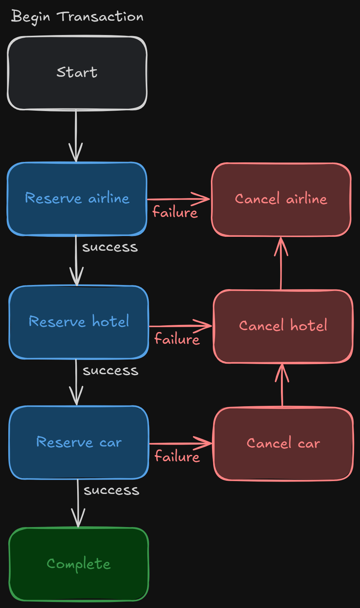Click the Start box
[x=77, y=73]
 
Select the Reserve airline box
[x=77, y=199]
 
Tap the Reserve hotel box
[x=79, y=322]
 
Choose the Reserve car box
[x=79, y=442]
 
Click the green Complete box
[x=78, y=564]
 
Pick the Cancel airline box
[x=281, y=200]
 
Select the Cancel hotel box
[x=283, y=326]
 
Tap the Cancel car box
[x=283, y=444]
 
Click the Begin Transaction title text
[x=77, y=17]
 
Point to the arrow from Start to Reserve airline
[x=76, y=136]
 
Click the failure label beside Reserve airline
[x=175, y=212]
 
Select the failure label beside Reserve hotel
[x=177, y=339]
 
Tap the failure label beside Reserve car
[x=177, y=457]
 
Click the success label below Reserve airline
[x=110, y=247]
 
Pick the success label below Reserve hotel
[x=110, y=371]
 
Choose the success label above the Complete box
[x=111, y=491]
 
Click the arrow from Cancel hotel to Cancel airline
[x=281, y=264]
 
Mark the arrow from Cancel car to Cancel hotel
[x=282, y=386]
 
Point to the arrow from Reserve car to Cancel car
[x=181, y=443]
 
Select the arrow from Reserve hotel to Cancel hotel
[x=181, y=326]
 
